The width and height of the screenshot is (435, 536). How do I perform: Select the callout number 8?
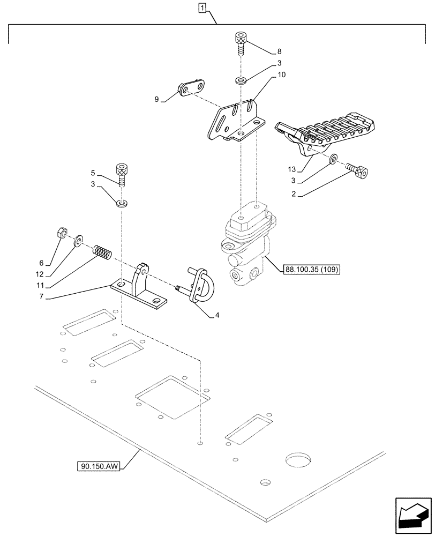(279, 52)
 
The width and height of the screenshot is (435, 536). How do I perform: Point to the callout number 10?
(282, 77)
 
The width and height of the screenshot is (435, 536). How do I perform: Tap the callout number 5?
(93, 173)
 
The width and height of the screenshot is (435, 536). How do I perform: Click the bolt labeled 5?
(123, 175)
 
